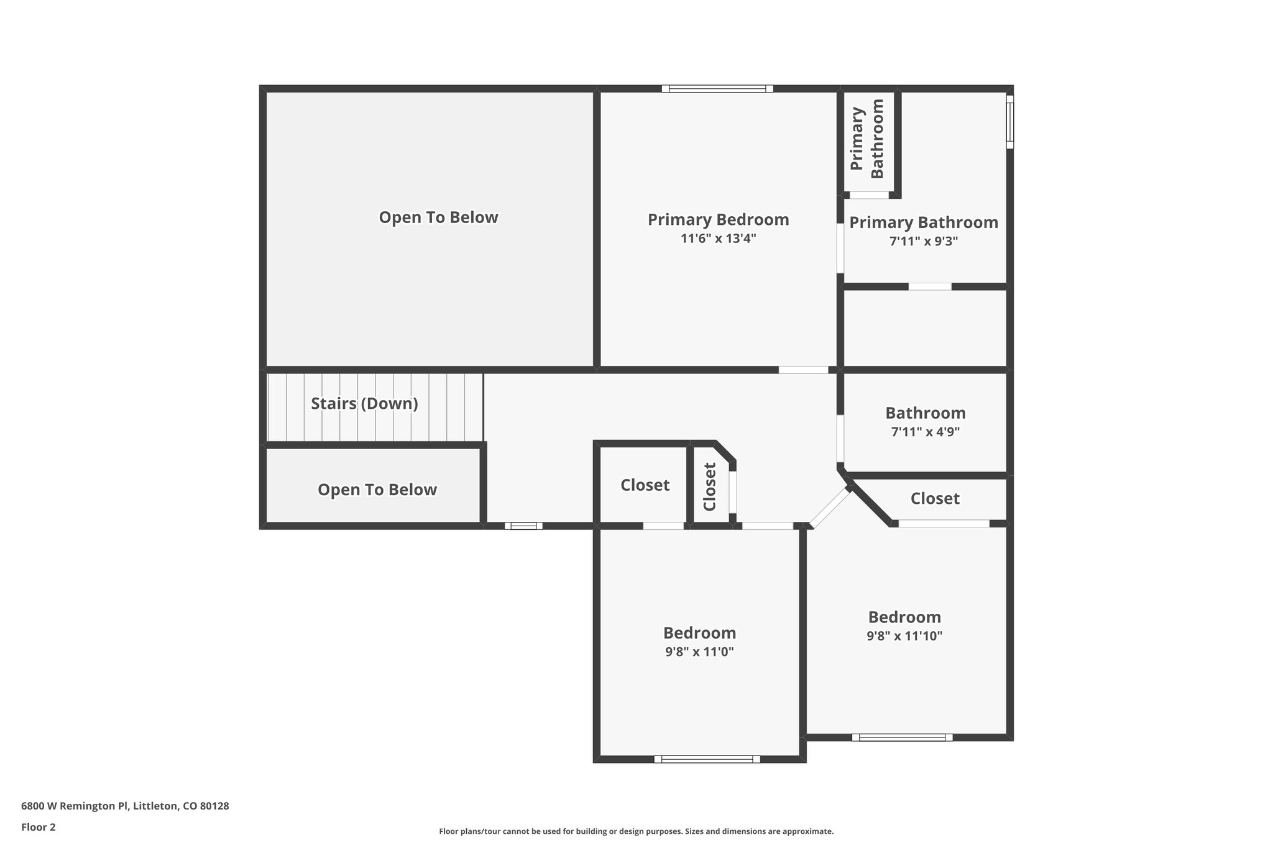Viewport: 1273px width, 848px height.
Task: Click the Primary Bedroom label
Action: tap(718, 219)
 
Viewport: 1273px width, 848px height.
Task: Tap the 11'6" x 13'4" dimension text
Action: tap(718, 239)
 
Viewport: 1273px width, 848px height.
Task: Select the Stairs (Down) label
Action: tap(364, 404)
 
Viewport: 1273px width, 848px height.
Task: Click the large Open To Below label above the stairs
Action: tap(438, 217)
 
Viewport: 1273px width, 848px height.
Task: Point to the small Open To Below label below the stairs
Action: tap(377, 490)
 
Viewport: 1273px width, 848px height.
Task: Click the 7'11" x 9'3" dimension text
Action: tap(923, 241)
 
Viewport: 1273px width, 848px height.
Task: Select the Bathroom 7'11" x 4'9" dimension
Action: tap(925, 432)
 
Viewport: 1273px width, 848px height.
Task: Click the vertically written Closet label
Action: tap(710, 486)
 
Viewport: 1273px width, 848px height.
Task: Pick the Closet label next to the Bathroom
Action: tap(934, 498)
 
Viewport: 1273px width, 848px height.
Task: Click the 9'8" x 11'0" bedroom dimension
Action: tap(699, 652)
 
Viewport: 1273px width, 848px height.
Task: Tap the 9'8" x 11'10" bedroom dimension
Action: tap(904, 636)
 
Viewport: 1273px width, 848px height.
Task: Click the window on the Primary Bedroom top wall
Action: tap(717, 89)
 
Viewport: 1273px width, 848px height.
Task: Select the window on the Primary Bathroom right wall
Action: tap(1009, 122)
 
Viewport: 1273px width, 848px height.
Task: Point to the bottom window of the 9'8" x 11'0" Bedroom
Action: tap(707, 759)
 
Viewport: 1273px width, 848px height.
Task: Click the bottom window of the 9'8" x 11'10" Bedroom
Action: tap(902, 737)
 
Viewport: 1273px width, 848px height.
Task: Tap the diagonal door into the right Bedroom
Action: tap(830, 508)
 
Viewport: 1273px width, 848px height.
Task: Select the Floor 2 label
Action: tap(38, 827)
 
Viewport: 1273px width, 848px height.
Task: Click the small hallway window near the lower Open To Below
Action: tap(523, 526)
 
